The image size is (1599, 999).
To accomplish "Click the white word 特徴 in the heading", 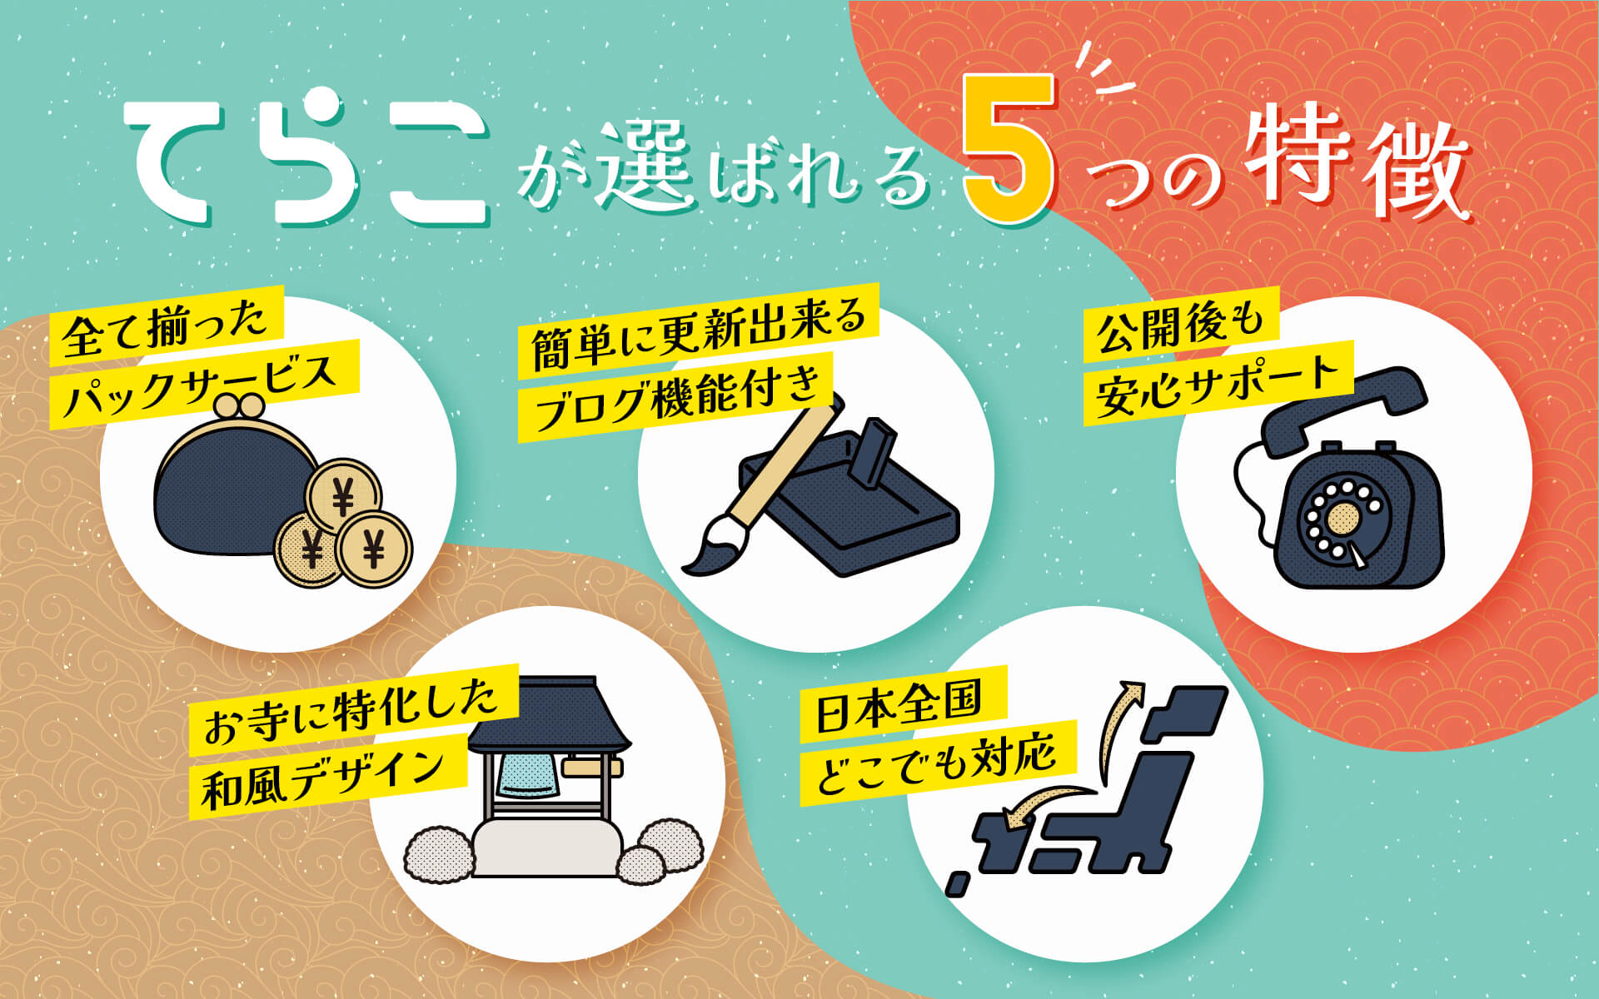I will click(x=1357, y=162).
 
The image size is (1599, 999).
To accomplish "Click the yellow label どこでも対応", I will click(x=938, y=762).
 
